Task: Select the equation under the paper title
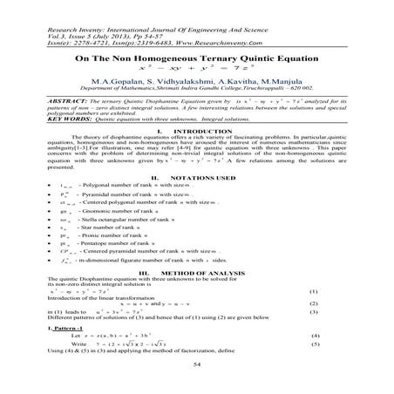pos(198,66)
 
